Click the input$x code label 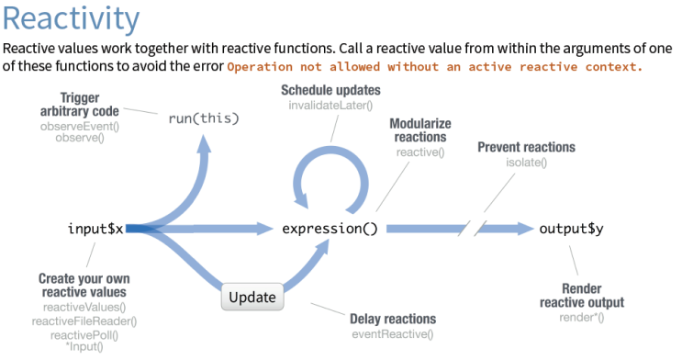coord(95,228)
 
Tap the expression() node coord(330,229)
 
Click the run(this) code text coord(204,118)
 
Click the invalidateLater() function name coord(330,106)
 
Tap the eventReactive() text coord(392,333)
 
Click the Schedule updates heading coord(330,91)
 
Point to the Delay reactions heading coord(392,319)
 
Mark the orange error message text coord(434,68)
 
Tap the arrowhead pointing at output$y coord(524,229)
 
